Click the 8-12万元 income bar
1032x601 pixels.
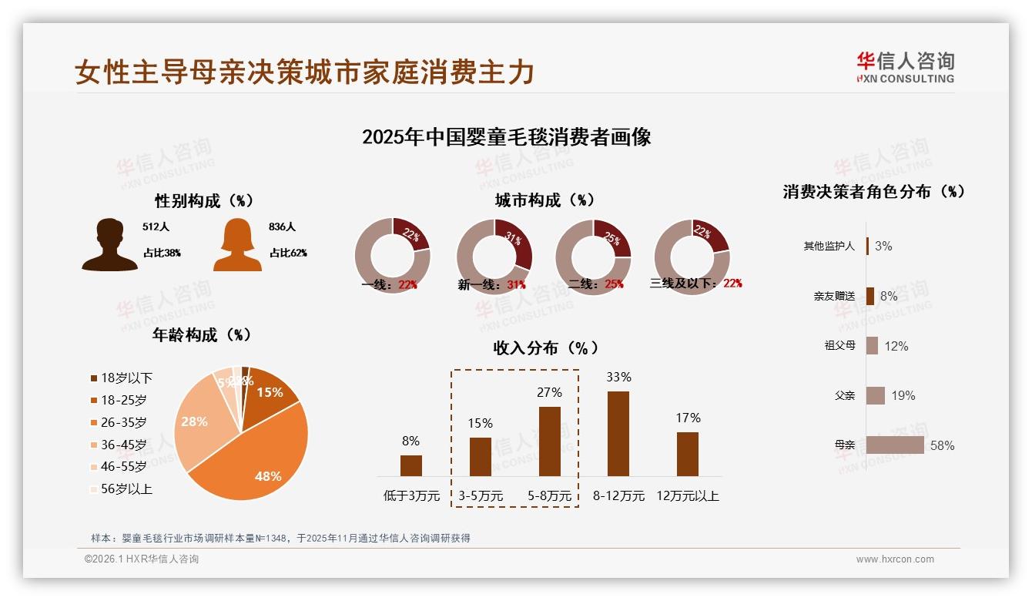[x=618, y=434]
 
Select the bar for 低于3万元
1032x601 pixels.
[x=411, y=465]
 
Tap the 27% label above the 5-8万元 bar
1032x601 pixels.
[x=549, y=392]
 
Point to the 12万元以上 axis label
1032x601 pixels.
[x=688, y=495]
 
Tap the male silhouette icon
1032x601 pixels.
[x=110, y=244]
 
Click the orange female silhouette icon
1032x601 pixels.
[x=237, y=244]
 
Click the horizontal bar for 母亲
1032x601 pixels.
[x=895, y=445]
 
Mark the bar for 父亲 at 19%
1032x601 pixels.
[x=876, y=395]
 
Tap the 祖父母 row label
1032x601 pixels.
[x=839, y=345]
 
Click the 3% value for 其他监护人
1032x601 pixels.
[x=883, y=246]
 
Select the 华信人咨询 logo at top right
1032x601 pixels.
[x=905, y=68]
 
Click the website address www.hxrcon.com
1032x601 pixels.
[x=895, y=559]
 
